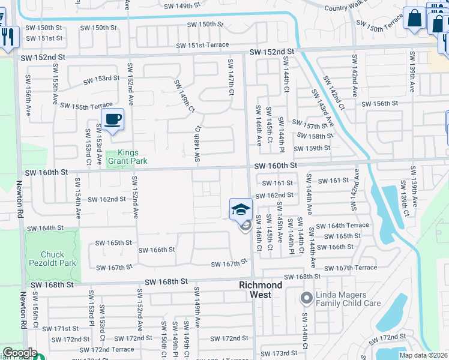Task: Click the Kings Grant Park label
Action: coord(127,157)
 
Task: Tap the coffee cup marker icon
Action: coord(112,119)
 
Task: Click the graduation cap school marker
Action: coord(240,209)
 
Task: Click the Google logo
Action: coord(19,353)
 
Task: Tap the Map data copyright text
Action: coord(423,355)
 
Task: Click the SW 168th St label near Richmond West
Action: coord(303,277)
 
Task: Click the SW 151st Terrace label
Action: coord(202,46)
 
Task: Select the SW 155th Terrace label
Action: coord(86,106)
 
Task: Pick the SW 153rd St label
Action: coord(97,79)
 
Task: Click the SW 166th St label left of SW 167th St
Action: coord(156,250)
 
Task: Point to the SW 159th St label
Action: coord(312,149)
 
